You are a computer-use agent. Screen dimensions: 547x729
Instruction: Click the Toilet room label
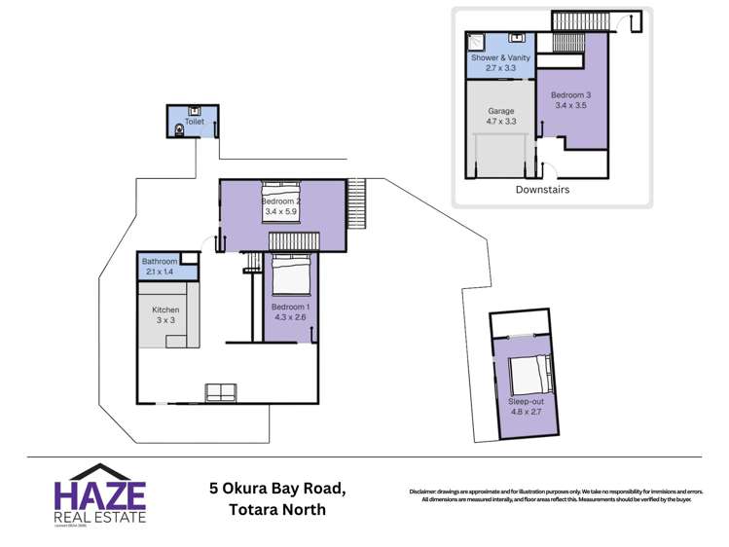coord(195,122)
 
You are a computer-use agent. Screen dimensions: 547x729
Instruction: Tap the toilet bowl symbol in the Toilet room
coord(179,128)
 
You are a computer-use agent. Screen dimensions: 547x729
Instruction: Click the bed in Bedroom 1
coord(290,274)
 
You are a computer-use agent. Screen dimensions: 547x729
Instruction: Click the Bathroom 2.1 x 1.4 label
coord(160,266)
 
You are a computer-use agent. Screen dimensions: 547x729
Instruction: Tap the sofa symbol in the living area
coord(220,392)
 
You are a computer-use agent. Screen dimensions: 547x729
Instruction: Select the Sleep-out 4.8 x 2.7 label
coord(526,407)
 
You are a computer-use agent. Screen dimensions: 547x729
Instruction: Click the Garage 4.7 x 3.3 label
coord(500,116)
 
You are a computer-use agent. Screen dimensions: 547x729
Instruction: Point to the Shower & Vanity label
coord(500,62)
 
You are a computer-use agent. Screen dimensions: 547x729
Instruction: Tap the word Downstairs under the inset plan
coord(542,190)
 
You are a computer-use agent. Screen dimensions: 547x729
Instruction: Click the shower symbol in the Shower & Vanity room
coord(477,42)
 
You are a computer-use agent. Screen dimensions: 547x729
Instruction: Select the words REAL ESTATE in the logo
coord(99,516)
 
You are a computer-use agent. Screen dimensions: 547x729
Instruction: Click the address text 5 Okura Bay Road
coord(277,488)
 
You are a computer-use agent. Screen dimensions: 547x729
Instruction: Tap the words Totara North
coord(277,510)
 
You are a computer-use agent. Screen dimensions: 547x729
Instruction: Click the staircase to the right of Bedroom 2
coord(357,202)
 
